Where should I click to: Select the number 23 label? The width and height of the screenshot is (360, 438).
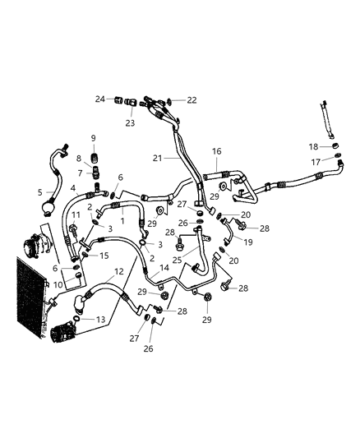pyautogui.click(x=130, y=123)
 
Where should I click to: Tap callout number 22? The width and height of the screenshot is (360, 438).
pyautogui.click(x=192, y=99)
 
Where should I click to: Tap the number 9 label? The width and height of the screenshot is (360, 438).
pyautogui.click(x=93, y=137)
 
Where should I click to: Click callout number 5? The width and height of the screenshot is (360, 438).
pyautogui.click(x=39, y=192)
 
